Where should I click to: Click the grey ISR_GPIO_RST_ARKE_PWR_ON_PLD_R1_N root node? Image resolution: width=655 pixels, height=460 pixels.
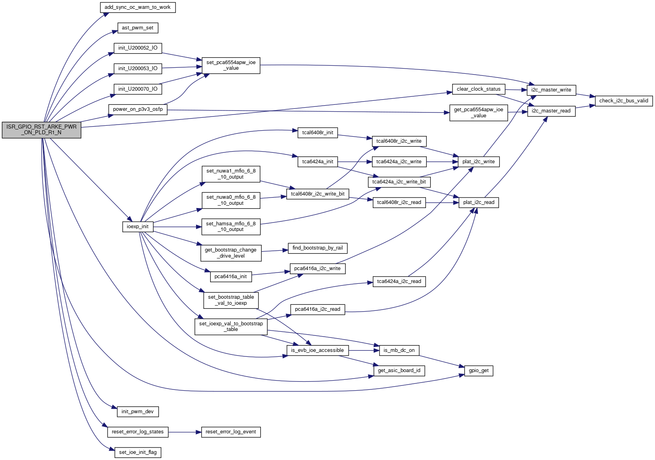click(x=41, y=129)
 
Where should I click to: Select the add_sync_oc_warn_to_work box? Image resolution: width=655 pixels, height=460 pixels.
click(x=138, y=7)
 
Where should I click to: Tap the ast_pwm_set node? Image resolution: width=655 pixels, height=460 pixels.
click(x=138, y=28)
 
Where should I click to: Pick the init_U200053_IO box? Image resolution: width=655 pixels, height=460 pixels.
click(x=138, y=69)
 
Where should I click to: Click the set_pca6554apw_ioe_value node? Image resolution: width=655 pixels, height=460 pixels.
click(x=231, y=65)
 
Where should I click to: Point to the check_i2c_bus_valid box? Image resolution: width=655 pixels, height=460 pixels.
click(x=624, y=101)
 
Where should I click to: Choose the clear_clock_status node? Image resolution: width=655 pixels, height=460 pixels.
click(x=478, y=89)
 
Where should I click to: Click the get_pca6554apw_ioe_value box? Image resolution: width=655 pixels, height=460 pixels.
click(x=478, y=112)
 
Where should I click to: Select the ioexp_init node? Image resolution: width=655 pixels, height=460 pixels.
click(x=137, y=227)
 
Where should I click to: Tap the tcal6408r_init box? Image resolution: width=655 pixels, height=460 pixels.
click(x=318, y=133)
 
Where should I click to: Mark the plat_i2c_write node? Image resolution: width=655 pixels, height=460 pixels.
click(x=478, y=162)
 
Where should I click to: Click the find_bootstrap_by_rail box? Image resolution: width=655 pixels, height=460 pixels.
click(x=317, y=248)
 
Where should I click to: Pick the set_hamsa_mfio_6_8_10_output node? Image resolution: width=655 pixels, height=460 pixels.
click(x=231, y=227)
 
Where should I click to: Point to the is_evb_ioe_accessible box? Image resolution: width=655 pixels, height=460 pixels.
click(x=317, y=350)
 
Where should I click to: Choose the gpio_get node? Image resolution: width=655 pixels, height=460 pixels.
click(x=478, y=370)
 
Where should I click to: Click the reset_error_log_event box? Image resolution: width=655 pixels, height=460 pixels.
click(x=231, y=432)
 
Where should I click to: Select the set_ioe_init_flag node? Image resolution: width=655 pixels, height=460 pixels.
click(x=138, y=452)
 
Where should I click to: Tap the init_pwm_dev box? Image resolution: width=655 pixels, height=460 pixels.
click(x=138, y=412)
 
